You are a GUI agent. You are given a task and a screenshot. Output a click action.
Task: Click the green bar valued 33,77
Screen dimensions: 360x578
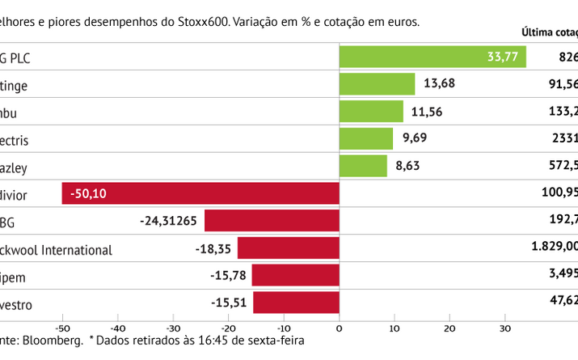pyautogui.click(x=432, y=57)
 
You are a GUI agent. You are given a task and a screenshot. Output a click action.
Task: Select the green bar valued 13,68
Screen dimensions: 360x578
pyautogui.click(x=377, y=84)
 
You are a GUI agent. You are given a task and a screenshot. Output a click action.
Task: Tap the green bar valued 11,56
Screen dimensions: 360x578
pyautogui.click(x=371, y=112)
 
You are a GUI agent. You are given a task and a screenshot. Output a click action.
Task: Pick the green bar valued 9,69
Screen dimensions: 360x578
pyautogui.click(x=366, y=139)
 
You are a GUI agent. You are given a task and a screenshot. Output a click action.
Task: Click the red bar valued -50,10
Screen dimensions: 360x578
pyautogui.click(x=200, y=193)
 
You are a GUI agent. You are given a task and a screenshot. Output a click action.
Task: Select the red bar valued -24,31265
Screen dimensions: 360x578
pyautogui.click(x=272, y=221)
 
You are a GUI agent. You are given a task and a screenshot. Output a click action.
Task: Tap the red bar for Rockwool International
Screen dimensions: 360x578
pyautogui.click(x=288, y=248)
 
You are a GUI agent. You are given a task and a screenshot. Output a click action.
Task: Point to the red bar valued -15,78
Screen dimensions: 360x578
pyautogui.click(x=295, y=275)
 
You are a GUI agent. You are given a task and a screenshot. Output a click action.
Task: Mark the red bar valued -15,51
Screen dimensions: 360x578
pyautogui.click(x=296, y=303)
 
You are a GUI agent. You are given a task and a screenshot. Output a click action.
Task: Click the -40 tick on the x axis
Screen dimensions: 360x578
pyautogui.click(x=117, y=328)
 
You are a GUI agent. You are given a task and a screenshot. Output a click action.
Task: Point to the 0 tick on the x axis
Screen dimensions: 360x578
pyautogui.click(x=339, y=328)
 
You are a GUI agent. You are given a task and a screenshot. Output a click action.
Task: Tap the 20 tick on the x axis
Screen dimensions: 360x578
pyautogui.click(x=449, y=328)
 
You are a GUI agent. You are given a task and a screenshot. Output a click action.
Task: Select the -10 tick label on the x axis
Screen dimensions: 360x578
pyautogui.click(x=283, y=328)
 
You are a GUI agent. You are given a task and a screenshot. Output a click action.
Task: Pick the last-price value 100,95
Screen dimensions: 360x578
pyautogui.click(x=559, y=193)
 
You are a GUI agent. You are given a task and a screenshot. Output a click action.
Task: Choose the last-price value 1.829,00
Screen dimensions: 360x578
pyautogui.click(x=549, y=248)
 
